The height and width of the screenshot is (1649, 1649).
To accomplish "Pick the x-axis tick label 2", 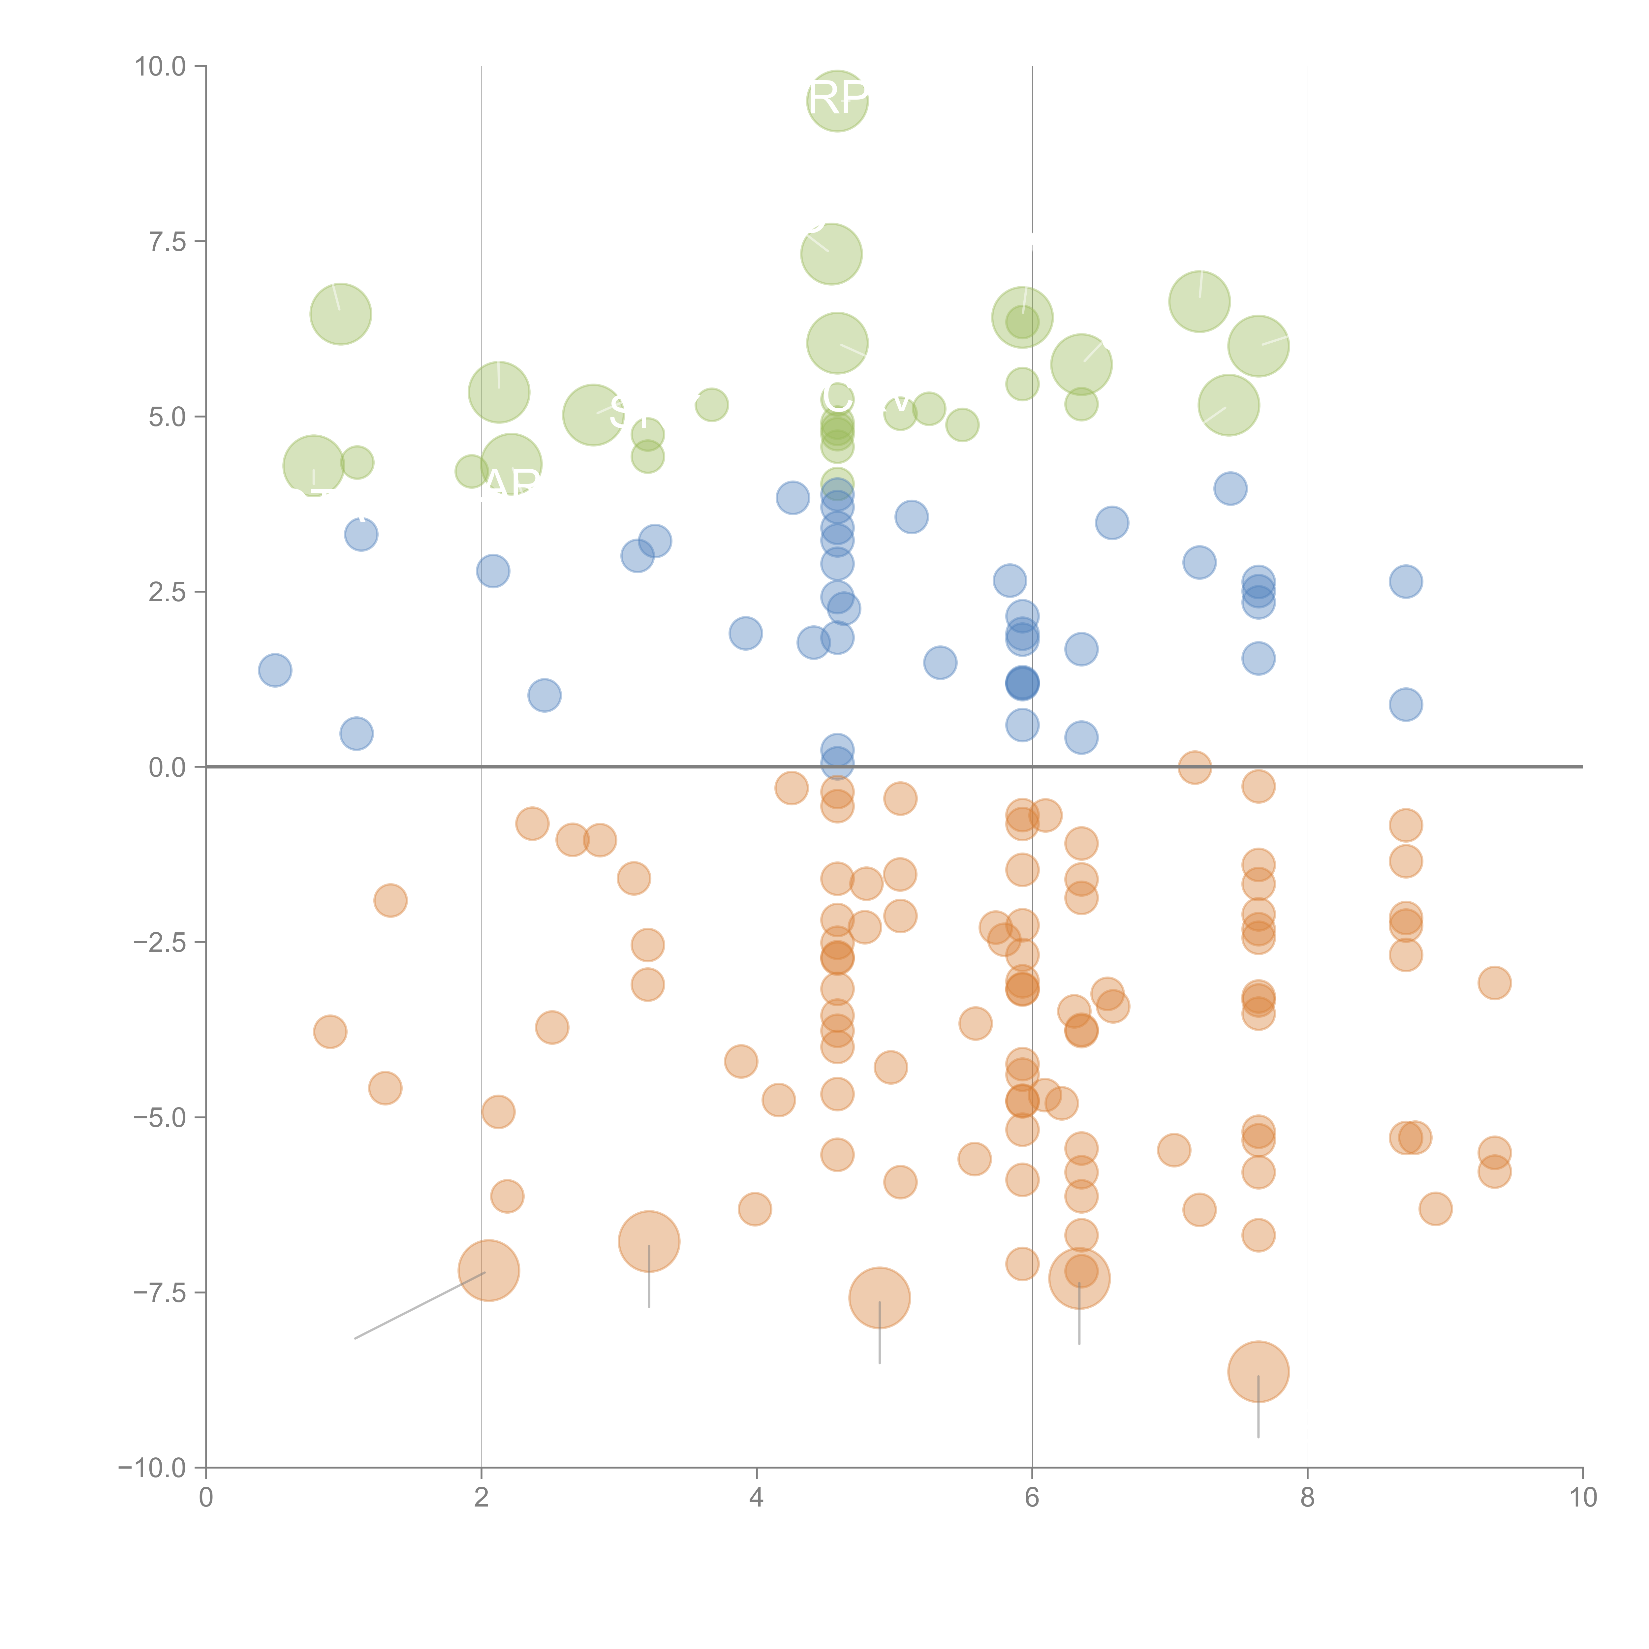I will point(482,1498).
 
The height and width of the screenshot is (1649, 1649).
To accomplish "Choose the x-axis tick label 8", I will point(1308,1498).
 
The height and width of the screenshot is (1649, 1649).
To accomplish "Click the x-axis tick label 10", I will point(1582,1498).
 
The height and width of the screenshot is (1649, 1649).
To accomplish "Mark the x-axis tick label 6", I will point(1032,1498).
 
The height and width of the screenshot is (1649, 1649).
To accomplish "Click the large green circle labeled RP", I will point(837,101).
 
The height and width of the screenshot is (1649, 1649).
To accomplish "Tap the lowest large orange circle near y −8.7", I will point(1258,1372).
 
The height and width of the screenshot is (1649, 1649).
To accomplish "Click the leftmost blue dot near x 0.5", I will point(275,670).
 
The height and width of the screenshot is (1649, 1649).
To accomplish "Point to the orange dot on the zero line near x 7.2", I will point(1195,767).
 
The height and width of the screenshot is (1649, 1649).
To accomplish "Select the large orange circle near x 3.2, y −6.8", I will point(649,1242).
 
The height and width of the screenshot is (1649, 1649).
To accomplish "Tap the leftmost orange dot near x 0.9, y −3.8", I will point(330,1032).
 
